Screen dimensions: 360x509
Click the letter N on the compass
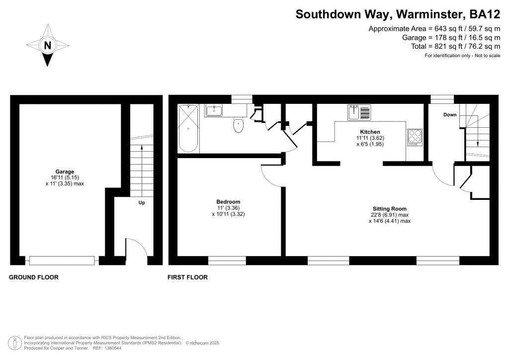pyautogui.click(x=48, y=45)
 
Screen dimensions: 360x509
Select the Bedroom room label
pyautogui.click(x=229, y=202)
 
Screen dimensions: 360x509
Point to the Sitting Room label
pyautogui.click(x=390, y=209)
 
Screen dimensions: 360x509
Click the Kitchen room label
pyautogui.click(x=367, y=132)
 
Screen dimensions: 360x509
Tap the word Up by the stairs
pyautogui.click(x=142, y=203)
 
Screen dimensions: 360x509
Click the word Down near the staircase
pyautogui.click(x=450, y=115)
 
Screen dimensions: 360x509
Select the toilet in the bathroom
pyautogui.click(x=239, y=126)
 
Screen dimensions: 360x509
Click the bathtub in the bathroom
pyautogui.click(x=188, y=128)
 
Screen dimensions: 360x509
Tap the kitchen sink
pyautogui.click(x=359, y=112)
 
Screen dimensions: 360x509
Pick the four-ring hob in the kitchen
pyautogui.click(x=415, y=137)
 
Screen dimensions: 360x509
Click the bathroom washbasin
pyautogui.click(x=216, y=109)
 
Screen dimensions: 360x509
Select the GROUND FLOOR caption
pyautogui.click(x=34, y=277)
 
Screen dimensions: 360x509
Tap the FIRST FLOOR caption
pyautogui.click(x=187, y=277)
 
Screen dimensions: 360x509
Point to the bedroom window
pyautogui.click(x=227, y=260)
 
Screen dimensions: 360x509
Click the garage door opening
pyautogui.click(x=62, y=260)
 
